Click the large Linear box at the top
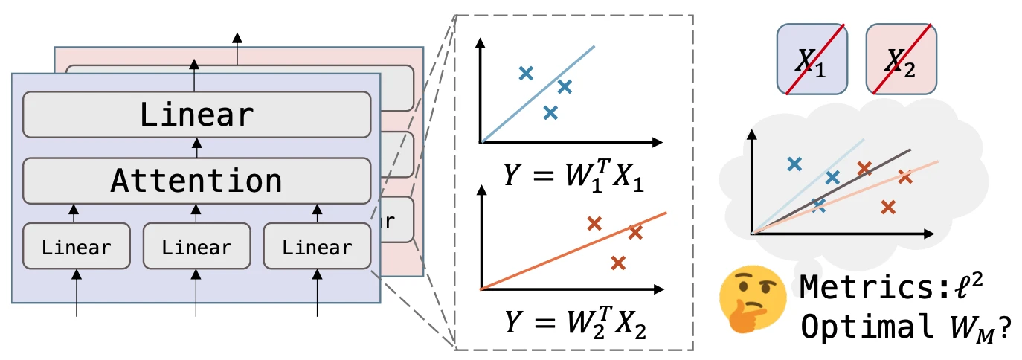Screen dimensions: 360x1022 [x=197, y=115]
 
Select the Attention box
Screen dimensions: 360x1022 [x=197, y=181]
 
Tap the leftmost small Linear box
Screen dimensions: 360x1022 [x=77, y=247]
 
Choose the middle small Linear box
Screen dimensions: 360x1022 [x=197, y=247]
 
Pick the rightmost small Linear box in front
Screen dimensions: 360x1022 [x=317, y=247]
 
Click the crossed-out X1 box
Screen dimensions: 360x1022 [x=812, y=60]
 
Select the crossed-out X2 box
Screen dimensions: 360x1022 [x=902, y=60]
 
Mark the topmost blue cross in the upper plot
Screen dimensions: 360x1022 [x=526, y=73]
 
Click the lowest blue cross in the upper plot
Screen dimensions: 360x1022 [x=550, y=113]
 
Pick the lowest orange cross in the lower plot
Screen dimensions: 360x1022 [x=618, y=262]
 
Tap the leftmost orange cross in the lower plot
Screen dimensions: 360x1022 [x=594, y=223]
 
